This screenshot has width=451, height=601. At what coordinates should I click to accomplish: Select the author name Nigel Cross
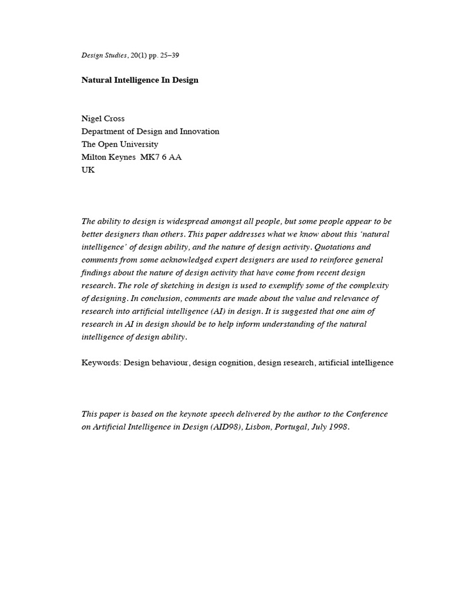103,119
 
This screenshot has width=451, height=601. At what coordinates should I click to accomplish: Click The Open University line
120,144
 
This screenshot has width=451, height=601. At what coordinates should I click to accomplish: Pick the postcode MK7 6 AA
160,157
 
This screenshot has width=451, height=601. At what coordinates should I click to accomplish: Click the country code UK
87,170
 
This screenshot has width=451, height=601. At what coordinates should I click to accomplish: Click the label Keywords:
101,363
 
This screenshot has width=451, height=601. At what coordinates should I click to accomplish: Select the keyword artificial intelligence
356,363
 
